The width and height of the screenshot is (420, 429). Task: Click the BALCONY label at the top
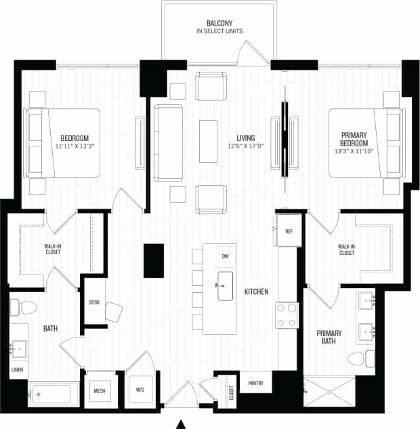point(219,22)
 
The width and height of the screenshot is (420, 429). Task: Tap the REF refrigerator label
point(289,232)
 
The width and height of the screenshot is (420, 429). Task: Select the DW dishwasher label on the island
point(225,256)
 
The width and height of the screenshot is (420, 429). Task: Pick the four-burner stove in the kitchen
point(287,316)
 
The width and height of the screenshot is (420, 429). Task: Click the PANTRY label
point(255,383)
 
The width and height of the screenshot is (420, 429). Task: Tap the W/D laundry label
point(140,390)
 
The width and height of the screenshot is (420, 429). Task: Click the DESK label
point(94,302)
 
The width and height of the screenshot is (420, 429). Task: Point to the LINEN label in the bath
point(18,370)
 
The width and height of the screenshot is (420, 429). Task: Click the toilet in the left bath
point(26,307)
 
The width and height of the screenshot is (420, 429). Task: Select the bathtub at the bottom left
point(53,394)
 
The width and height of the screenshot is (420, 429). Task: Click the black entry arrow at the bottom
point(181,424)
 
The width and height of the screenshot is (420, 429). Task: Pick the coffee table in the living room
point(208,140)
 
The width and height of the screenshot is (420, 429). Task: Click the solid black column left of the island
point(153,260)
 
